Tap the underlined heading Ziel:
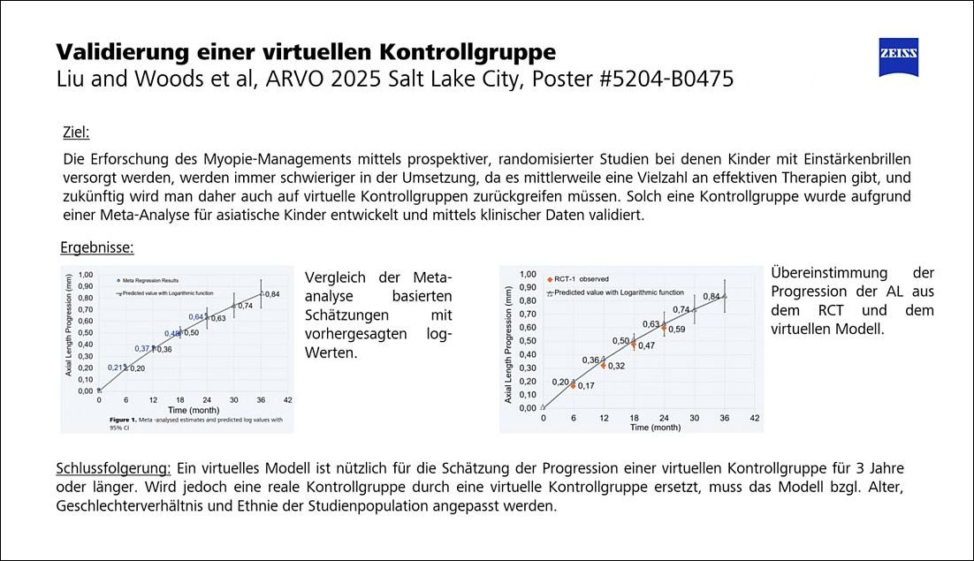76,133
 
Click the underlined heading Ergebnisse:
97,247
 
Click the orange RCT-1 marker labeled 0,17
573,385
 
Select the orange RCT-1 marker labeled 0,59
664,328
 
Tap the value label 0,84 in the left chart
272,294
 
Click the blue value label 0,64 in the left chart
196,316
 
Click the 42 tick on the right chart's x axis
754,417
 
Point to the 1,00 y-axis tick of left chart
86,275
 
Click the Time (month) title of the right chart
656,427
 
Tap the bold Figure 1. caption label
126,420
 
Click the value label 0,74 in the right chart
681,310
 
